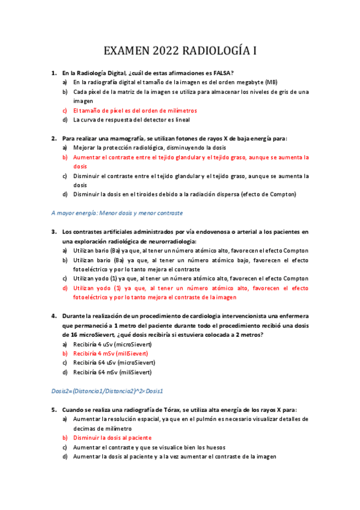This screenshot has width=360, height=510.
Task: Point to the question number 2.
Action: click(54, 138)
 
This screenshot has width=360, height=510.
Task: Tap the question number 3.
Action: click(54, 232)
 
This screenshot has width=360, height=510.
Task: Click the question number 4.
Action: click(54, 316)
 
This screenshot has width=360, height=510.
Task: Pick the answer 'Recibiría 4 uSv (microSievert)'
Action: click(114, 344)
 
